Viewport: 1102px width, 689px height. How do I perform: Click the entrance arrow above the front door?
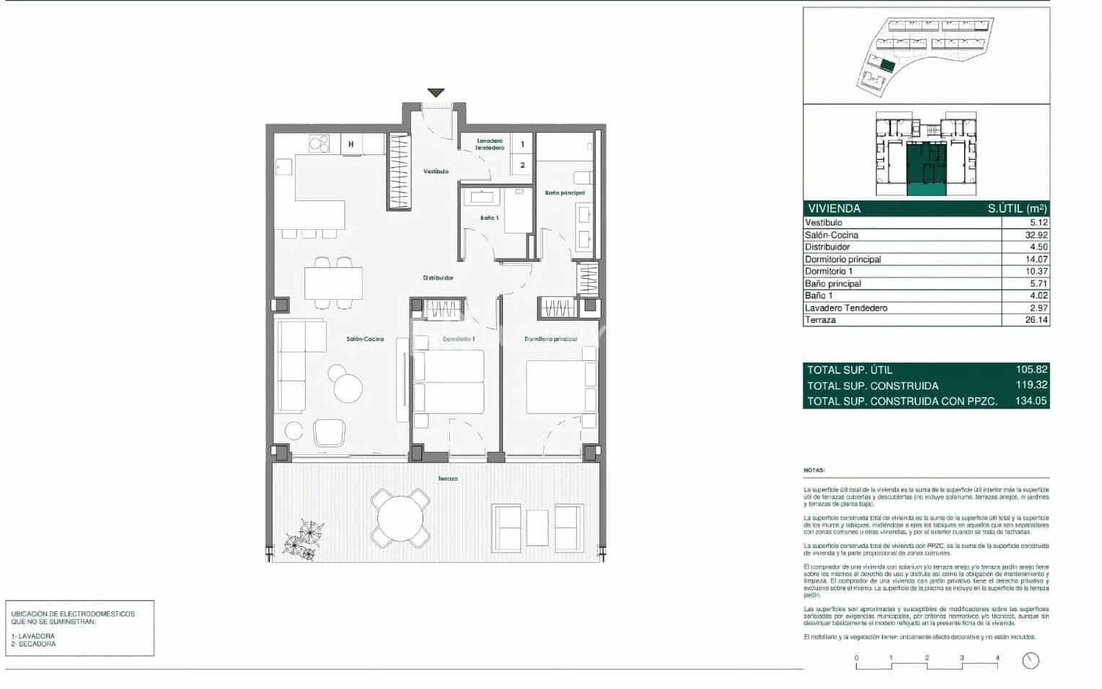(x=436, y=93)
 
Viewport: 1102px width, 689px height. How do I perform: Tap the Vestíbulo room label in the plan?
(x=436, y=172)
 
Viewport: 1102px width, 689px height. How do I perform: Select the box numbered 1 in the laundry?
(x=523, y=145)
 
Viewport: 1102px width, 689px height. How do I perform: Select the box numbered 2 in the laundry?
(x=523, y=165)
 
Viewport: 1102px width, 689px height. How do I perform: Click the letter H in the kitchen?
(x=351, y=144)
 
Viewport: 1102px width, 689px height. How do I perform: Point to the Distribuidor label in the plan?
(x=438, y=277)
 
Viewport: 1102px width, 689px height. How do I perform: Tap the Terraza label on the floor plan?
(x=447, y=479)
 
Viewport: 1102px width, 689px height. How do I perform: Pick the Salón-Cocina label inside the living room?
(x=365, y=339)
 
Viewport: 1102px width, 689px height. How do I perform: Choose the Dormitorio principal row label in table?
(x=842, y=259)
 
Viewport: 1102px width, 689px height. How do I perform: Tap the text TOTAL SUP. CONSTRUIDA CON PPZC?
(x=902, y=401)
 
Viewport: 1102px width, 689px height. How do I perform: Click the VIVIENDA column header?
(x=834, y=208)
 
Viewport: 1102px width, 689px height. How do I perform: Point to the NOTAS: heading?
(x=814, y=470)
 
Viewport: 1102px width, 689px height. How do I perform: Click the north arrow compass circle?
(x=1031, y=660)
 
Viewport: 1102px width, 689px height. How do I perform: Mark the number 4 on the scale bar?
(x=997, y=657)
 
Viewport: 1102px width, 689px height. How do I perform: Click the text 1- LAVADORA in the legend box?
(x=33, y=636)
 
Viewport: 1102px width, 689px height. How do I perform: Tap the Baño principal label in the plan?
(x=565, y=193)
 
